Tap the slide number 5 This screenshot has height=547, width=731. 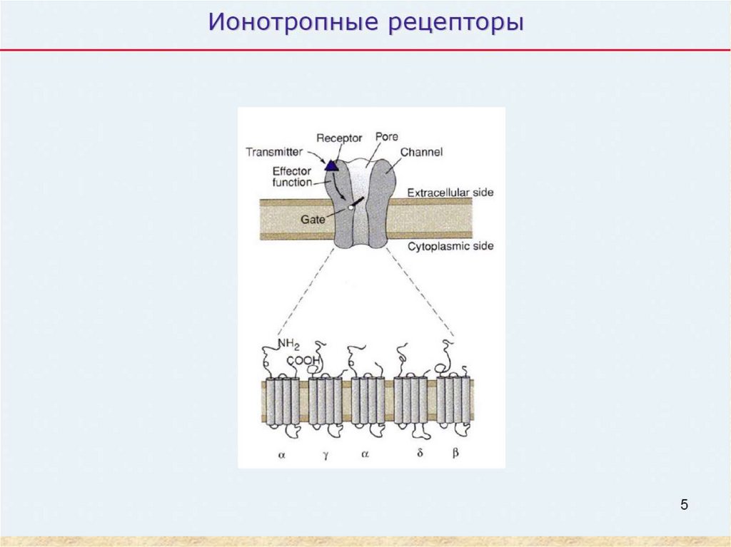coord(684,506)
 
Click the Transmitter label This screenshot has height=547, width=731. coord(275,151)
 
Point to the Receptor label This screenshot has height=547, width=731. coord(339,138)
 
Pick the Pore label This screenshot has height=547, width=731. coord(385,136)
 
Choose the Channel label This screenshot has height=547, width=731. coord(421,152)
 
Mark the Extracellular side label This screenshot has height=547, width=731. coord(450,193)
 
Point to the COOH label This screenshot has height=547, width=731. coord(303,361)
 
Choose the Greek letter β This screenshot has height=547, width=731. coord(455,452)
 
